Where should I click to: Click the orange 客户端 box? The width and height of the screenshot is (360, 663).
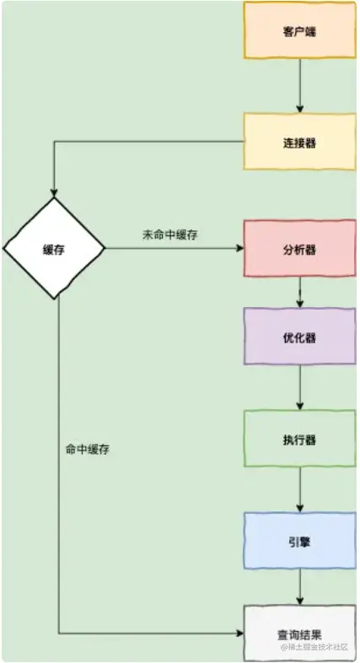(299, 30)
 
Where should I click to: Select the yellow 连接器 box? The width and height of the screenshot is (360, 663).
(299, 142)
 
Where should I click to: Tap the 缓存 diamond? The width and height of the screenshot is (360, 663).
(54, 249)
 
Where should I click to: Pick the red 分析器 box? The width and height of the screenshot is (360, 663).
(299, 248)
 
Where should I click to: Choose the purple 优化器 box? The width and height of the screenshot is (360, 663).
(299, 337)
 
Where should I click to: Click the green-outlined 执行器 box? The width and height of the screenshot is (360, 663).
(299, 439)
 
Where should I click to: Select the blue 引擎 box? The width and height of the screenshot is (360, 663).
(299, 541)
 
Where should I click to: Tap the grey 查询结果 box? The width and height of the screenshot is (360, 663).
(299, 633)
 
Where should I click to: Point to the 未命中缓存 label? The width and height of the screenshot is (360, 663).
(170, 235)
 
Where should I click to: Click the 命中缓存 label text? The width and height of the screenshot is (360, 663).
(88, 450)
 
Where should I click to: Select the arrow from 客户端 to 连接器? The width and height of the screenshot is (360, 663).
(300, 86)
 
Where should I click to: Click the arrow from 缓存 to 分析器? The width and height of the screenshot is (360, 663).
(174, 248)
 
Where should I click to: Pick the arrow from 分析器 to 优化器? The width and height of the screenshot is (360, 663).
(300, 292)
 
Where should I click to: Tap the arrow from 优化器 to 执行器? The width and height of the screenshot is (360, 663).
(300, 387)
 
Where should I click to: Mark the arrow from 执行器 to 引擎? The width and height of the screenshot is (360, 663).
(300, 489)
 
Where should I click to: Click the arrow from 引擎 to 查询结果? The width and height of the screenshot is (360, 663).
(300, 587)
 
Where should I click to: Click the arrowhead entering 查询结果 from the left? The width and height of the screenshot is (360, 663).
(240, 633)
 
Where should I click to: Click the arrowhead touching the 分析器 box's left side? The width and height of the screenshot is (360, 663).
(240, 248)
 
